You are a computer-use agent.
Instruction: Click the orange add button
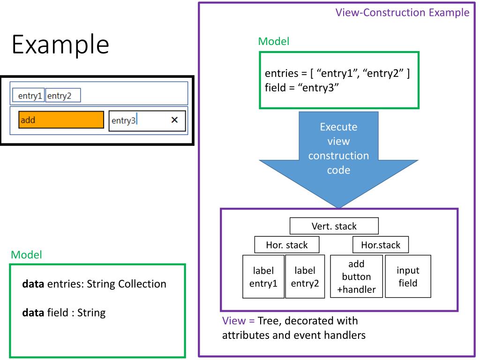(x=61, y=120)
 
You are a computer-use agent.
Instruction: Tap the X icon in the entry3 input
(x=174, y=120)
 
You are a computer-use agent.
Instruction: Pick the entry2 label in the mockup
(x=63, y=95)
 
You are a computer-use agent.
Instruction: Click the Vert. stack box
(x=334, y=226)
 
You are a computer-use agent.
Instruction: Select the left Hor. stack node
(x=287, y=245)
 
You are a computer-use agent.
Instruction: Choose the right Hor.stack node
(x=381, y=245)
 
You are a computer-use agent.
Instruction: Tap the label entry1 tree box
(x=263, y=277)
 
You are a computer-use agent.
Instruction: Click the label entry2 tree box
(x=305, y=277)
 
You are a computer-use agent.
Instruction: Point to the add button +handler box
(x=356, y=277)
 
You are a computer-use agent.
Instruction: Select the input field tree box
(x=408, y=277)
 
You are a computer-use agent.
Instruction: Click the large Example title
(x=60, y=45)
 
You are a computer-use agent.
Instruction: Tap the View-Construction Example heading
(x=402, y=13)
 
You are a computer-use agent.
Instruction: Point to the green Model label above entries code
(x=274, y=41)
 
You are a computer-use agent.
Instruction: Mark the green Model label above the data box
(x=26, y=255)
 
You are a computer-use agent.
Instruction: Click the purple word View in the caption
(x=234, y=321)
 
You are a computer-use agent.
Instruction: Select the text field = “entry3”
(x=302, y=88)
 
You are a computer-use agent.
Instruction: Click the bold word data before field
(x=33, y=313)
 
